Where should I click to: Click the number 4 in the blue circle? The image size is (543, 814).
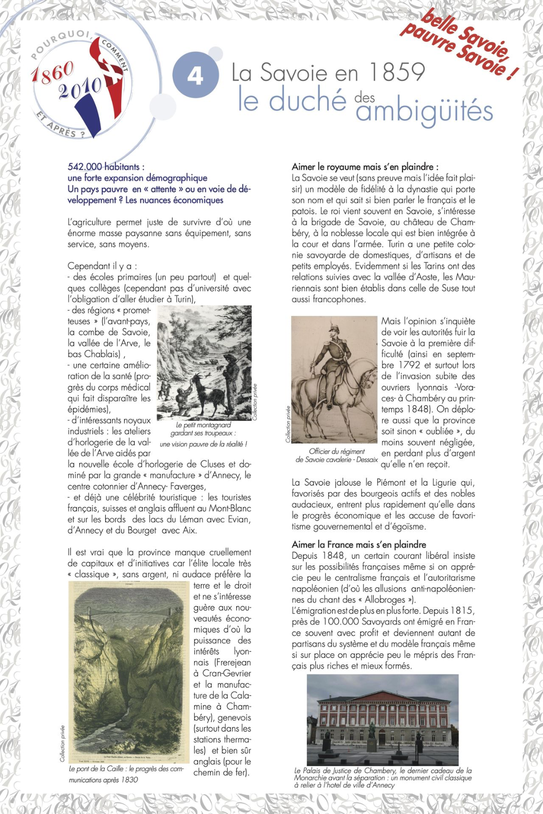tap(195, 76)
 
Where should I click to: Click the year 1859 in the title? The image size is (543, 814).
tap(397, 72)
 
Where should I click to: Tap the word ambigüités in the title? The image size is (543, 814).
tap(424, 110)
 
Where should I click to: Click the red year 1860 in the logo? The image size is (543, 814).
tap(52, 73)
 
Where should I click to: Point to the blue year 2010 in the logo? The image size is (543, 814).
tap(80, 88)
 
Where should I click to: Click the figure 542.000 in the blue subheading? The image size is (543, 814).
tap(85, 167)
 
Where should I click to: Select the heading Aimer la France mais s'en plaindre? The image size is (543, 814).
tap(359, 545)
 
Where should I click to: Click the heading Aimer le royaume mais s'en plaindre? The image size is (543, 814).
tap(365, 167)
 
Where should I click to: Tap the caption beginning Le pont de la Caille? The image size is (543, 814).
tap(126, 774)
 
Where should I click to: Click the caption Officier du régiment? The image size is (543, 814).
tap(337, 451)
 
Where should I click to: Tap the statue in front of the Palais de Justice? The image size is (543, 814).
tap(372, 730)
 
